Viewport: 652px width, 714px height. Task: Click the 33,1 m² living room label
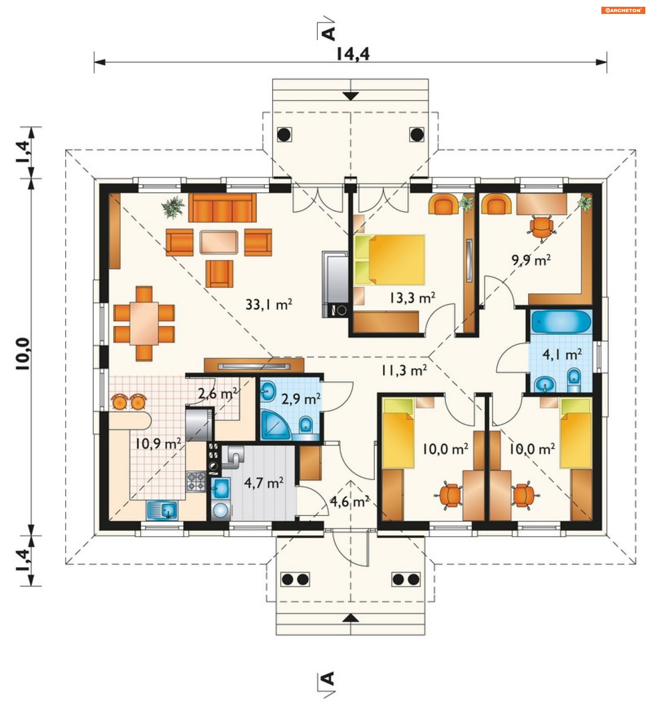tap(269, 305)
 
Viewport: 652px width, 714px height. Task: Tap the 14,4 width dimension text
tap(353, 54)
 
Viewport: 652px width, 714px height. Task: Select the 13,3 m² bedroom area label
tap(413, 298)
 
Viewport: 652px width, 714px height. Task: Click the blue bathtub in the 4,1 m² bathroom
tap(561, 322)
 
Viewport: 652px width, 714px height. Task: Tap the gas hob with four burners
tap(196, 481)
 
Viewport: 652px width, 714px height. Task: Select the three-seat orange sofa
tap(222, 208)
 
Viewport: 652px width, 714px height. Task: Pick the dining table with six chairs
tap(144, 323)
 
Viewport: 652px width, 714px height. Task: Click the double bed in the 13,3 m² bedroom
tap(390, 260)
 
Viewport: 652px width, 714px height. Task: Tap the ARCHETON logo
tap(622, 10)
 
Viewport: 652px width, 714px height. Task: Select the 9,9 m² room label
tap(531, 260)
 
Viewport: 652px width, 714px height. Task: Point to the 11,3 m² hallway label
tap(404, 371)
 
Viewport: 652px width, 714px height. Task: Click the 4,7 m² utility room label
tap(264, 483)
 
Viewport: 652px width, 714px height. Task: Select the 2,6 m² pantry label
tap(217, 393)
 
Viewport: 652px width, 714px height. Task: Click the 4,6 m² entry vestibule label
tap(349, 501)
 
